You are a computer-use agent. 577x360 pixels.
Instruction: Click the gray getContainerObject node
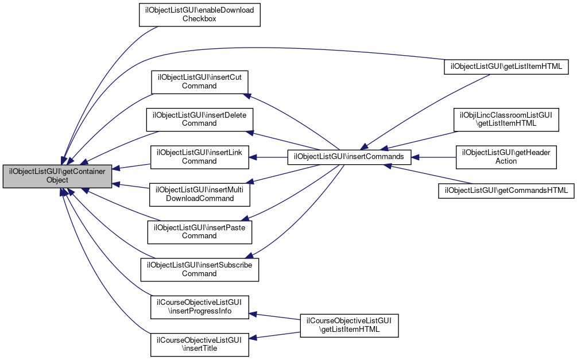point(57,175)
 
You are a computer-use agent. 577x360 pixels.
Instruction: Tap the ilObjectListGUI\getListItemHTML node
point(506,67)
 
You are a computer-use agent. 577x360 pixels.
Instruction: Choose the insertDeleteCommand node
point(199,119)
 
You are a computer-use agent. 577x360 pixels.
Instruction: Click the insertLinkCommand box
point(199,157)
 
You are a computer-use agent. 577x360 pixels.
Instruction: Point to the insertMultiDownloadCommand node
point(199,194)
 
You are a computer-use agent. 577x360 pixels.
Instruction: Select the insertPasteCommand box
point(199,231)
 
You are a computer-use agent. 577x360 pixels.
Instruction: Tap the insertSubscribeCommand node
point(199,269)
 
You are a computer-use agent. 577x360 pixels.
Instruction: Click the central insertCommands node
point(349,156)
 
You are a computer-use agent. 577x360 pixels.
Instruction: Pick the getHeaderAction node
point(506,157)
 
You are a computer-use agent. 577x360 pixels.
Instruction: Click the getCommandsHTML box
point(506,190)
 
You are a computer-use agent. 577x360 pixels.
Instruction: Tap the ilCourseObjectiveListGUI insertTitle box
point(199,344)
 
